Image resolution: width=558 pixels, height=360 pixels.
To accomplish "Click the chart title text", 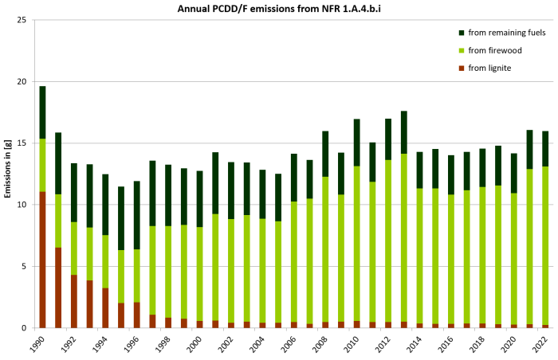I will (x=278, y=8).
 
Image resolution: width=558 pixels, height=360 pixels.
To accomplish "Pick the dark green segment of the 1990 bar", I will (x=42, y=112).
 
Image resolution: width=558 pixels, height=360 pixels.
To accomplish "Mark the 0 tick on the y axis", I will (x=25, y=327).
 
